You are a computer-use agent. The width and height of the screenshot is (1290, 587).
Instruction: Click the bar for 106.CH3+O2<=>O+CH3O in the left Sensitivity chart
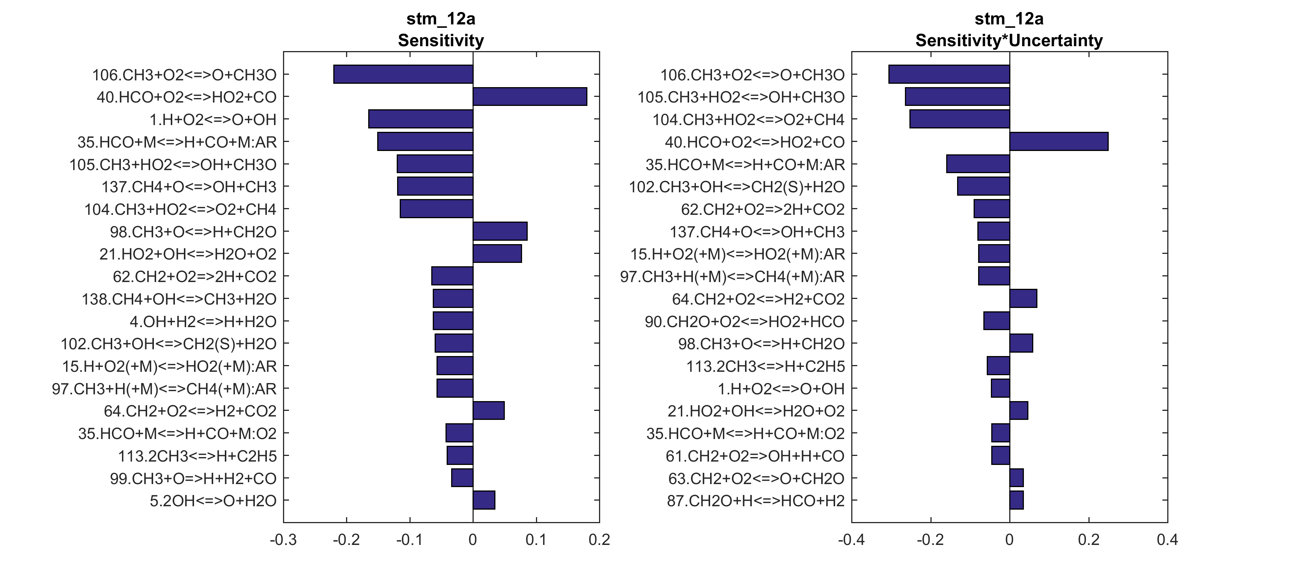coord(403,74)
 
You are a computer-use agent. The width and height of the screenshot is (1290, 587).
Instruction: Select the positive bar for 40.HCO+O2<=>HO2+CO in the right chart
coord(1059,141)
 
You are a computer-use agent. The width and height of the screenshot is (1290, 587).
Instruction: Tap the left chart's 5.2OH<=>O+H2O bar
coord(484,500)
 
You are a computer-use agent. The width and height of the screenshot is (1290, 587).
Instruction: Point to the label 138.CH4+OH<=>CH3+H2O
coord(179,299)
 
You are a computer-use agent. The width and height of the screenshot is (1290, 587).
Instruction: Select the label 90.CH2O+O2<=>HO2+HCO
coord(744,322)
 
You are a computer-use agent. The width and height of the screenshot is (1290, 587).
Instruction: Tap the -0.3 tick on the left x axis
coord(283,540)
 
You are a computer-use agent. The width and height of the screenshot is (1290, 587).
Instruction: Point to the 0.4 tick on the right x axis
coord(1167,540)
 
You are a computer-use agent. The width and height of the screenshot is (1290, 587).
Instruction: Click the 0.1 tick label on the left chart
coord(536,540)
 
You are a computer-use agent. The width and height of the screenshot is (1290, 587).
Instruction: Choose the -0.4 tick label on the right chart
coord(851,540)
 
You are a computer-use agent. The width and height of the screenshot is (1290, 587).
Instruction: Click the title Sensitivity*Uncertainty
coord(1009,41)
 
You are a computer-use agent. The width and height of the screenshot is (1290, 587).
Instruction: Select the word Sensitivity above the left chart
coord(441,41)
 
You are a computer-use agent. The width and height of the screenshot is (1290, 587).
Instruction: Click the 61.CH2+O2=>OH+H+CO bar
coord(1001,456)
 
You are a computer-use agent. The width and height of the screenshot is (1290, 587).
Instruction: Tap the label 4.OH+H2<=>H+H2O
coord(203,322)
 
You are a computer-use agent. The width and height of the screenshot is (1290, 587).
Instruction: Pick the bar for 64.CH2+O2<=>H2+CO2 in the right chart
coord(1023,298)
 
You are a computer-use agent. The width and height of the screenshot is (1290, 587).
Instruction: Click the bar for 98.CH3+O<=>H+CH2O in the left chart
coord(500,231)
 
